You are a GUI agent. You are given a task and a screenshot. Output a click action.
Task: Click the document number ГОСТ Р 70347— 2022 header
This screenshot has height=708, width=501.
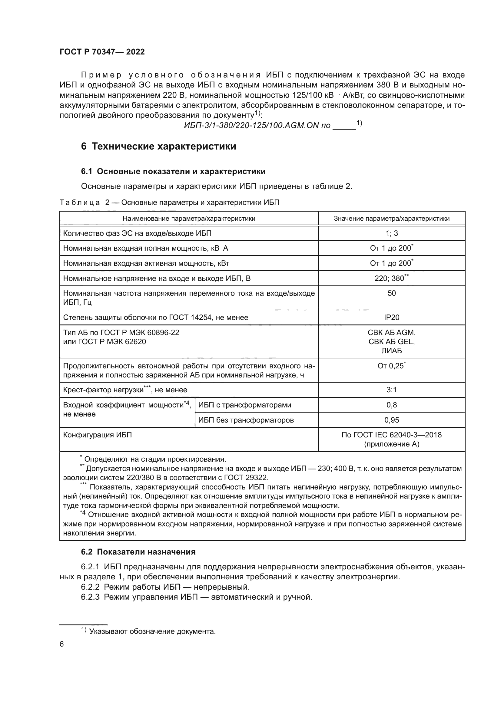tap(102, 52)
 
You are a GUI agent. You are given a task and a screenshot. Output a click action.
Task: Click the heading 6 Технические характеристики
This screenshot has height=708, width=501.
tap(158, 146)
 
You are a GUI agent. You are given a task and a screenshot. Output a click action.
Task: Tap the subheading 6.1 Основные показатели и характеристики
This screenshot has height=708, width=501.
tap(173, 171)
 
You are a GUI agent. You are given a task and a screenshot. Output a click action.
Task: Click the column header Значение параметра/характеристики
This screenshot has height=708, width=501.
tap(391, 219)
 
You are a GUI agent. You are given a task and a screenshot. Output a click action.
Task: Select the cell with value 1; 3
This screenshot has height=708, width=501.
tap(391, 233)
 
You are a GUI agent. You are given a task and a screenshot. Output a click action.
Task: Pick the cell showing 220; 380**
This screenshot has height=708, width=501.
tap(391, 278)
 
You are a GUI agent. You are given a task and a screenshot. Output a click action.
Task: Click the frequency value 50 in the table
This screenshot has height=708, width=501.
tap(391, 293)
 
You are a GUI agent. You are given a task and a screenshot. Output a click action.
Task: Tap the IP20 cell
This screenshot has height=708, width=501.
tap(391, 318)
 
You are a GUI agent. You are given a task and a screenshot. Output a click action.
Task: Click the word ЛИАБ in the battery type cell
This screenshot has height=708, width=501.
tap(391, 351)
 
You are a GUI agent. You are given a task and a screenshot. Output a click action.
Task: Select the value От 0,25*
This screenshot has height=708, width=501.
tap(391, 366)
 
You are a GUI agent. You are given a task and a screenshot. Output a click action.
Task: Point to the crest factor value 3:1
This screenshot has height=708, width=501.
tap(391, 390)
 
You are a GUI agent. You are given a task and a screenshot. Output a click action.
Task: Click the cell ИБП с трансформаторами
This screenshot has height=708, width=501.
tap(245, 405)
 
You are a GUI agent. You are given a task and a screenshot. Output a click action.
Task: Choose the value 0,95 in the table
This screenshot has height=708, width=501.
tap(391, 420)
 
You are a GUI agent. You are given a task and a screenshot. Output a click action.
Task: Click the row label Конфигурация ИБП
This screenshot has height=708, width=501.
tap(98, 435)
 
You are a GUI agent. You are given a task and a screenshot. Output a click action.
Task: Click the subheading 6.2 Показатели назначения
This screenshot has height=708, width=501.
tap(138, 552)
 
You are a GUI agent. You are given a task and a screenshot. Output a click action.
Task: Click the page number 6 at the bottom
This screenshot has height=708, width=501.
tap(62, 644)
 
